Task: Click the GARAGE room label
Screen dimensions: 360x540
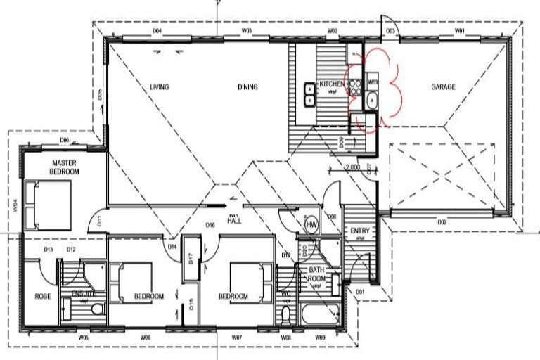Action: [444, 87]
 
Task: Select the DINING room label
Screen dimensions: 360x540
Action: [247, 87]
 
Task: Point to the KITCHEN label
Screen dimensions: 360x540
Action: [331, 84]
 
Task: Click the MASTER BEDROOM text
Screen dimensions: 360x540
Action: [64, 167]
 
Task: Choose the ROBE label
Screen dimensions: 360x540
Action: [42, 297]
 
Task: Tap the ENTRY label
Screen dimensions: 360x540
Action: [359, 231]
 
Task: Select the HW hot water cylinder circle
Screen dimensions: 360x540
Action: [311, 224]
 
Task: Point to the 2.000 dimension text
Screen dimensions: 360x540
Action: [353, 168]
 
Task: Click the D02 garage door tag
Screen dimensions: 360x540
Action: [442, 223]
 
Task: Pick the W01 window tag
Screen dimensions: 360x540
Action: [460, 32]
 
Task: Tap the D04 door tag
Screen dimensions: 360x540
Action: [157, 32]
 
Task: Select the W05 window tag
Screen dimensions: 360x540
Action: [84, 338]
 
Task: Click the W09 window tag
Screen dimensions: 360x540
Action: [320, 338]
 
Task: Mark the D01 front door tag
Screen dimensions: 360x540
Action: [361, 291]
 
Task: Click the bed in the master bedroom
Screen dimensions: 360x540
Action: [47, 205]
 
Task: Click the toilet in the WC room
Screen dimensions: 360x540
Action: [285, 314]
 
